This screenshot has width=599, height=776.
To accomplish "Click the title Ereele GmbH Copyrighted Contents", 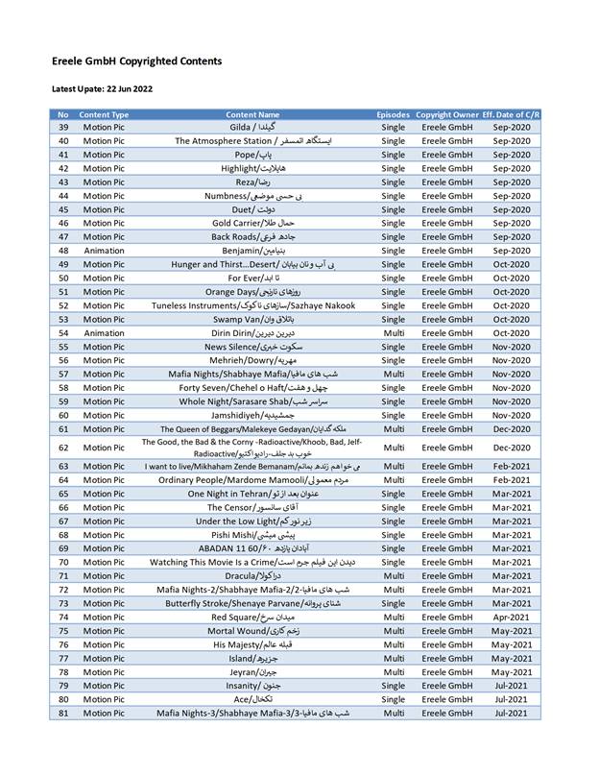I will tap(136, 61).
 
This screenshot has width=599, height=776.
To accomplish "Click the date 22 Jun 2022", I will tap(126, 89).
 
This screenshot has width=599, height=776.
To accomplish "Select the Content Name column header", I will tap(253, 114).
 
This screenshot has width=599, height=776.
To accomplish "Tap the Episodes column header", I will tap(393, 114).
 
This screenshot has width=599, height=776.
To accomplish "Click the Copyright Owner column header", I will tap(446, 114).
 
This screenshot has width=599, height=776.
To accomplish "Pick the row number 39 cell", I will tap(63, 127).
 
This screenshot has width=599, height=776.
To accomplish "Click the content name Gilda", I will tap(253, 127).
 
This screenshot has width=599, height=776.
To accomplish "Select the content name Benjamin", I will tap(253, 251).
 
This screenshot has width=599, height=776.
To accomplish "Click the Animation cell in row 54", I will tap(104, 333).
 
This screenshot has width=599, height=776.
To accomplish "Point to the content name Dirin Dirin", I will tap(253, 333).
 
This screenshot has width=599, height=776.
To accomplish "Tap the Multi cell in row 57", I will tap(393, 375).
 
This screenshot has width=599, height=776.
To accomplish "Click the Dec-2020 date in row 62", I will tap(512, 447).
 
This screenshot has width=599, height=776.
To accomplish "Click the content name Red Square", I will tap(253, 618).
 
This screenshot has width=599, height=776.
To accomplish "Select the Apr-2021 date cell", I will tap(512, 618).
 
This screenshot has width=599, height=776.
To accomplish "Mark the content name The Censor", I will tap(253, 507).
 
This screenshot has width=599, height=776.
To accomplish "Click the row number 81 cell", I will tap(63, 714).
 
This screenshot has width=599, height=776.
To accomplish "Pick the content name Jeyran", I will tap(253, 672).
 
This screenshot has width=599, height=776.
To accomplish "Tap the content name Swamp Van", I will tap(253, 320).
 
